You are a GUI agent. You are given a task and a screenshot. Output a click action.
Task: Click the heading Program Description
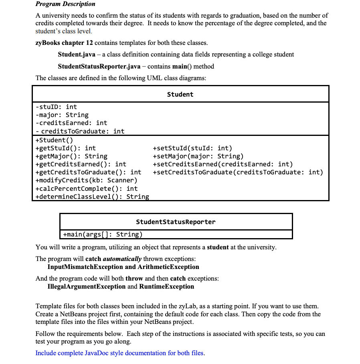[x=65, y=4]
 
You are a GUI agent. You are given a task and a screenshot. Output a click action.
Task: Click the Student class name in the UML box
[x=180, y=94]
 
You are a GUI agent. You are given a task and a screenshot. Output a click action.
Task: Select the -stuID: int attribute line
[x=56, y=107]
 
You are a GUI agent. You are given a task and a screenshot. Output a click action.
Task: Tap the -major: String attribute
[x=62, y=115]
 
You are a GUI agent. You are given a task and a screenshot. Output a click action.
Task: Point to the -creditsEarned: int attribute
[x=71, y=123]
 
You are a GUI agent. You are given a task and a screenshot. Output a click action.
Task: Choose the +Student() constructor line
[x=51, y=140]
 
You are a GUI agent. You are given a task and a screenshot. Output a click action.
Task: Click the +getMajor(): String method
[x=71, y=156]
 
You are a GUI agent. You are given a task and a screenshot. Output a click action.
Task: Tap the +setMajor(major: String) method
[x=198, y=156]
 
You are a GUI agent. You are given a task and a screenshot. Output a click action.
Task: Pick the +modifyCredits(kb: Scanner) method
[x=86, y=180]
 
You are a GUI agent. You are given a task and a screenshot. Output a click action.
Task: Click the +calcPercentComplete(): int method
[x=86, y=188]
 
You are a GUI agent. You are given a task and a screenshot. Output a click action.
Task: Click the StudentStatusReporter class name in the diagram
[x=176, y=222]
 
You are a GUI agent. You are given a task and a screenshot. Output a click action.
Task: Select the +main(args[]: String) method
[x=103, y=234]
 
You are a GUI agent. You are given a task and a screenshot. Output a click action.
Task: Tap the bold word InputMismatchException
[x=85, y=267]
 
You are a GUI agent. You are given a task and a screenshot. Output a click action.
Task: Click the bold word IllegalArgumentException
[x=86, y=286]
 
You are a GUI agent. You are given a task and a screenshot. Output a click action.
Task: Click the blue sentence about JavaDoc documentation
[x=120, y=353]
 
